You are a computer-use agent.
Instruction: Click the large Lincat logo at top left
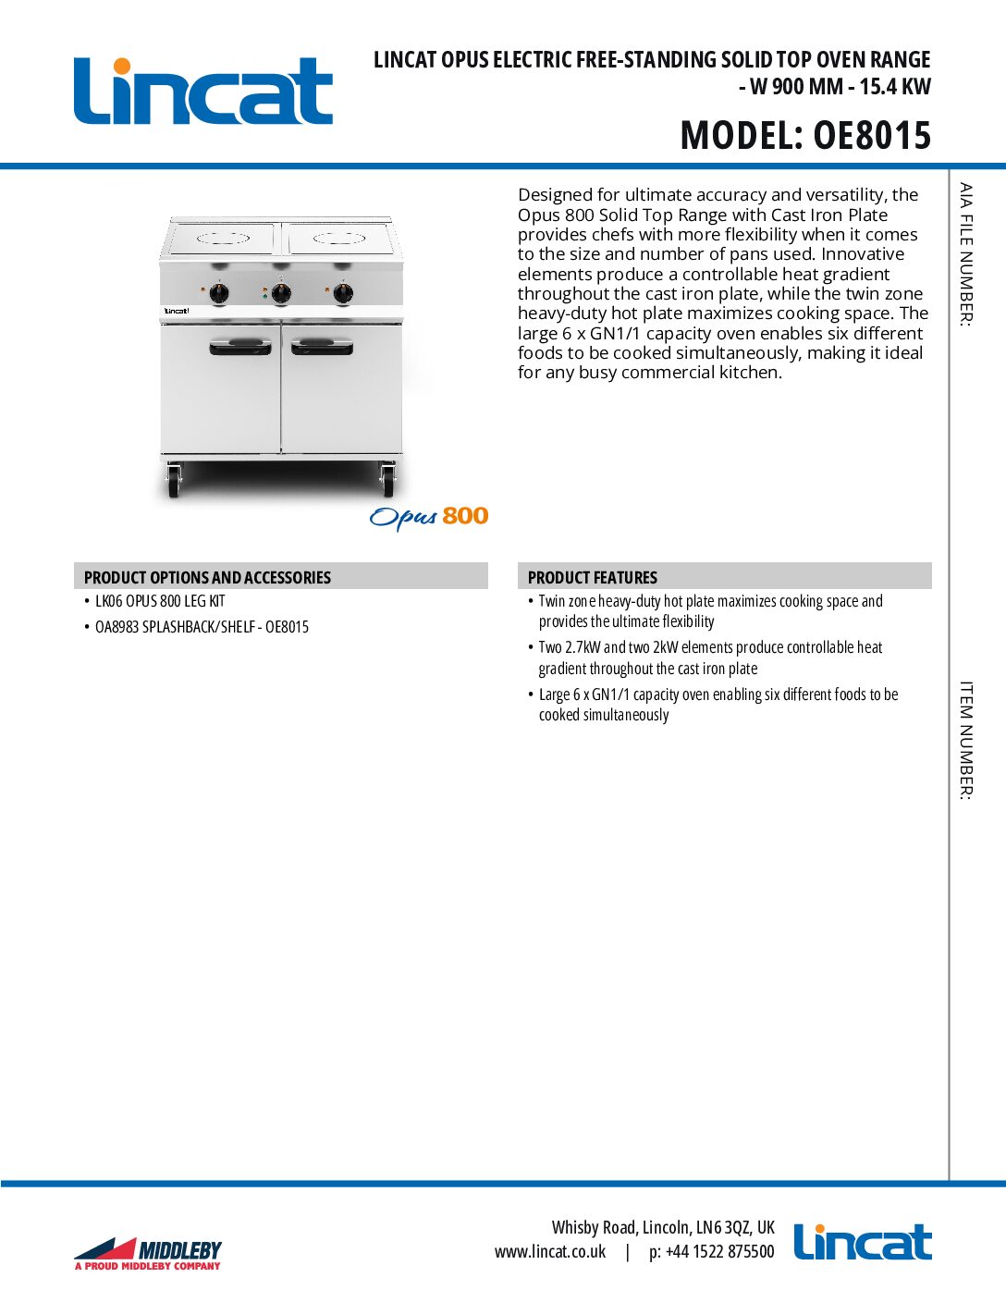202,92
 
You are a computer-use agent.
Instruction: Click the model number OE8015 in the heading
871,136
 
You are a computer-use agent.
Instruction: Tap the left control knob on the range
219,294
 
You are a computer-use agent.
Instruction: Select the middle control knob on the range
281,293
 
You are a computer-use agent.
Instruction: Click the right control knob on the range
343,293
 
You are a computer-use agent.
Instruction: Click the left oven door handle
240,348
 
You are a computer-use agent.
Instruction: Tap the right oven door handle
322,348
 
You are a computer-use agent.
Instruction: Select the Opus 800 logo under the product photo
428,517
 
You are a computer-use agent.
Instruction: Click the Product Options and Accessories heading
207,577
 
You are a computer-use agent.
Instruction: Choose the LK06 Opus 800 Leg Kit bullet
160,601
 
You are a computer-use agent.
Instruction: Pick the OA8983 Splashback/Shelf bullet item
202,627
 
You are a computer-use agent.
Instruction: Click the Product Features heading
592,577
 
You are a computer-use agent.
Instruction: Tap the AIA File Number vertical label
965,254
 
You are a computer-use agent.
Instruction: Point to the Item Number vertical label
965,740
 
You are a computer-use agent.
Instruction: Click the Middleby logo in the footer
149,1254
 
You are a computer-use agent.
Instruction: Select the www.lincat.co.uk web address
550,1252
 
